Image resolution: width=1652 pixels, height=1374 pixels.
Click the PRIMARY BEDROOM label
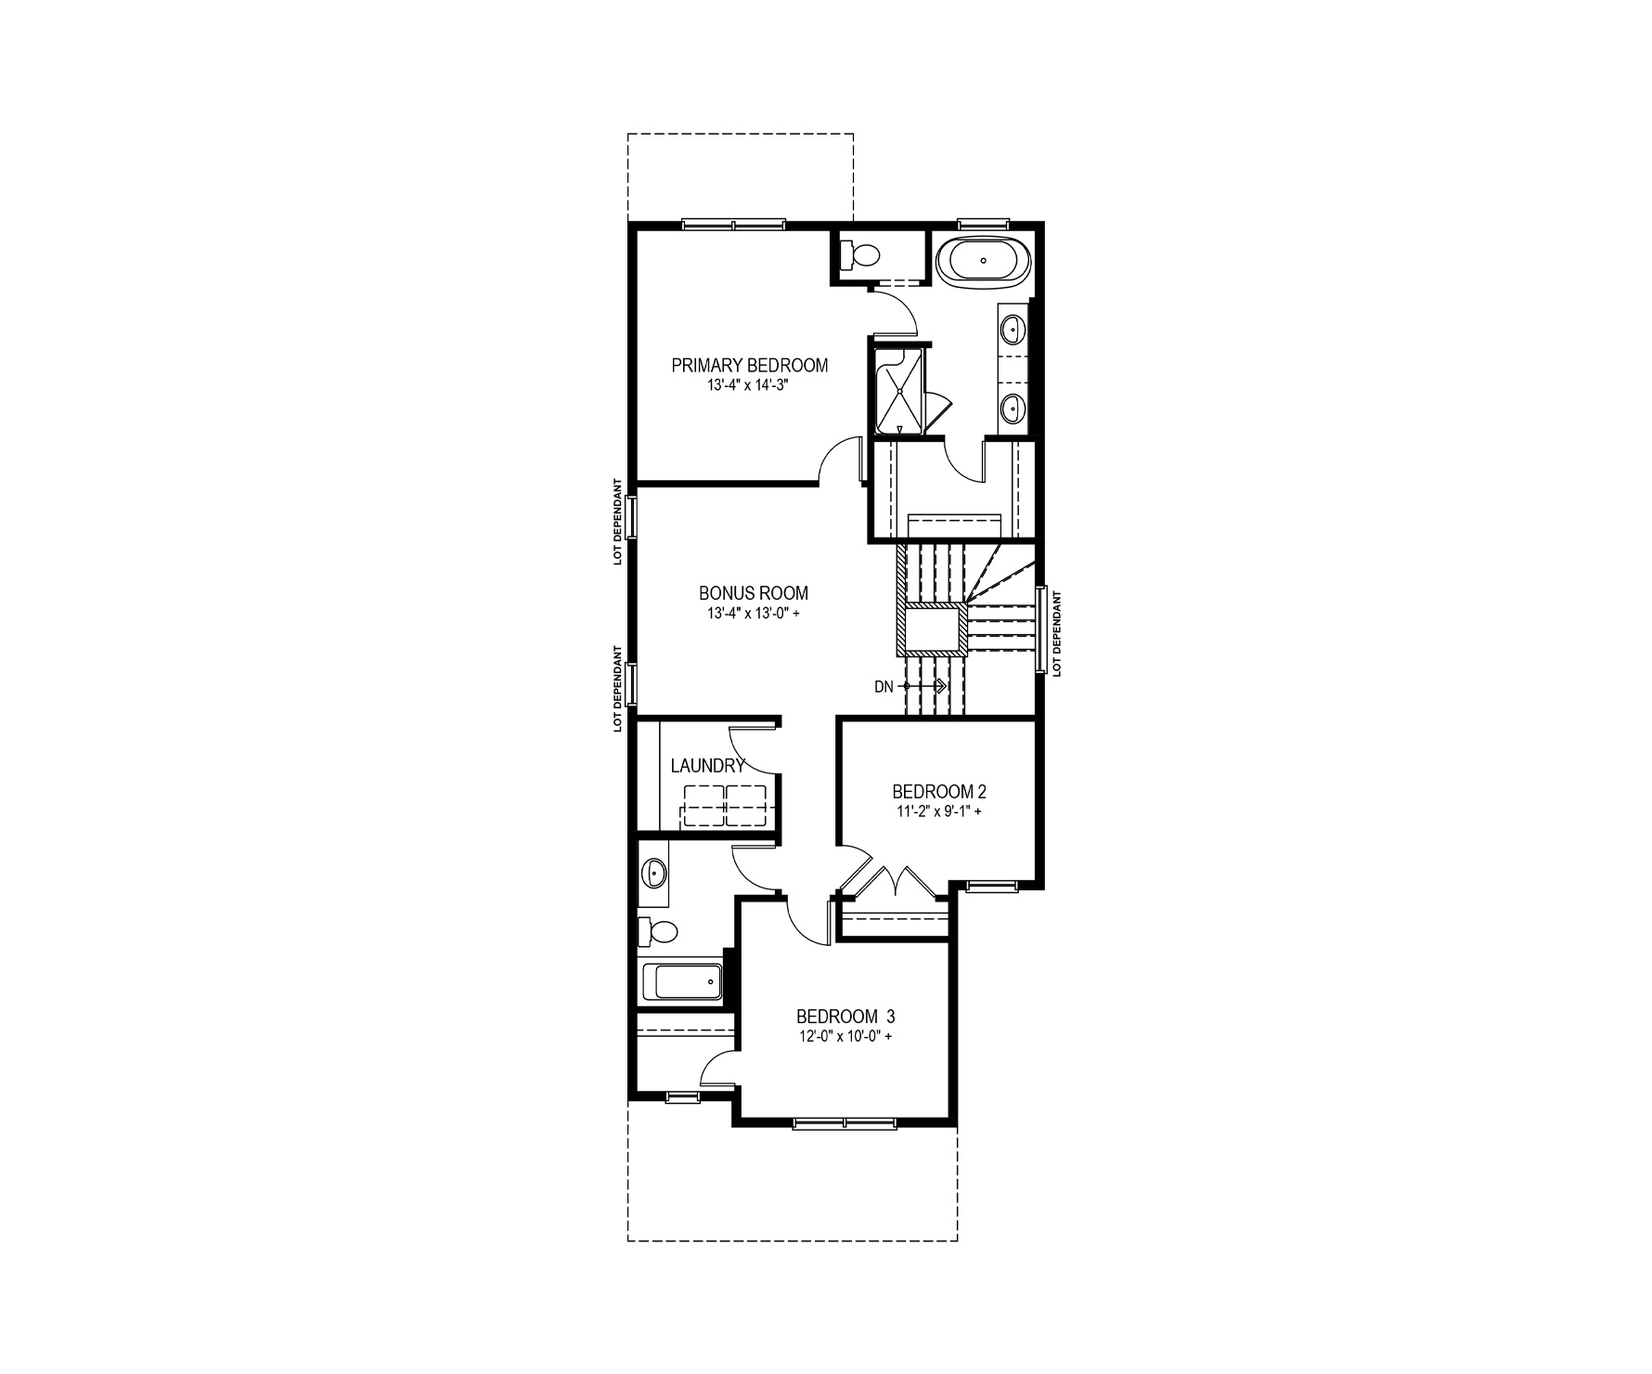pos(750,365)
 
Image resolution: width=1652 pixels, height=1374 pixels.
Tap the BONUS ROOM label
pos(754,592)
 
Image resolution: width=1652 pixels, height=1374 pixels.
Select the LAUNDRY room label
pos(707,766)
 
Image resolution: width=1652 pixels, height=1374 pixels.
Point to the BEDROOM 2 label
pos(938,792)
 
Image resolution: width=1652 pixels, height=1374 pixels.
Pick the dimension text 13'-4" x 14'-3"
pos(750,384)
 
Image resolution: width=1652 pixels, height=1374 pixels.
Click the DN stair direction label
pos(884,687)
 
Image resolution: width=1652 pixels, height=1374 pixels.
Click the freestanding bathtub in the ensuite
pos(983,261)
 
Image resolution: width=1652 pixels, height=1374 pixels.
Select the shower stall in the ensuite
pos(899,391)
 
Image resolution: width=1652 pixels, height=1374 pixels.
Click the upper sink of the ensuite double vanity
pos(1013,328)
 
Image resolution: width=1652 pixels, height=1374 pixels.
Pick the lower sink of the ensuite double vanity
pos(1013,408)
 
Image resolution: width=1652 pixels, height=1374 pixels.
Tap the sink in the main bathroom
pos(655,873)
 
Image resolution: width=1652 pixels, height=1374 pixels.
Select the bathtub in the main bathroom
pos(682,982)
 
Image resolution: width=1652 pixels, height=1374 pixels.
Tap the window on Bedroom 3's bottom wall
pos(845,1123)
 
